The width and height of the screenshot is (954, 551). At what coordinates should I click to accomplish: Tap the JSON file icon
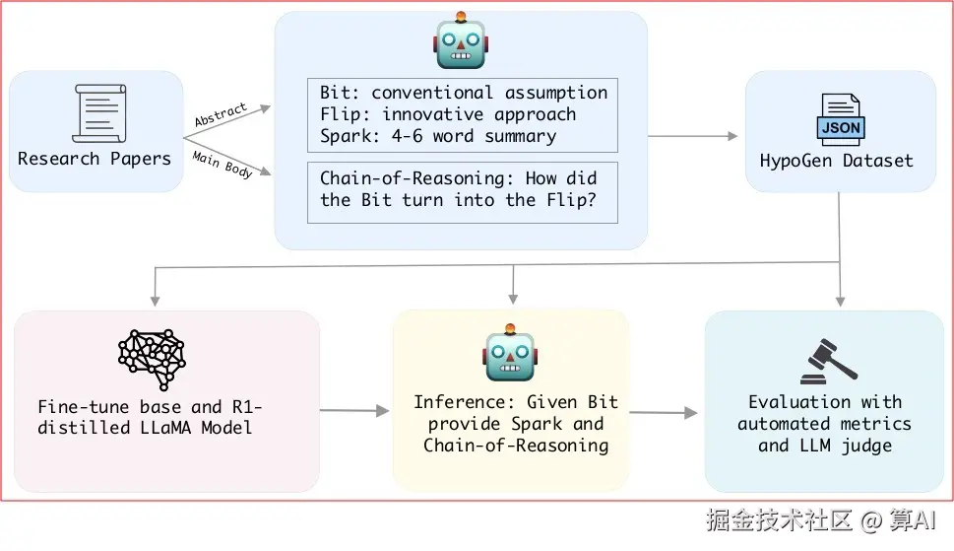pyautogui.click(x=839, y=120)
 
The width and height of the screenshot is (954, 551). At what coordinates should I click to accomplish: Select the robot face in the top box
pyautogui.click(x=461, y=41)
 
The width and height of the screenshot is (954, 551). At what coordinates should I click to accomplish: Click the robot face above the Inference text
pyautogui.click(x=510, y=355)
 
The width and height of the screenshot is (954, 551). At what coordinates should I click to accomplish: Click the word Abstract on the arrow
pyautogui.click(x=221, y=115)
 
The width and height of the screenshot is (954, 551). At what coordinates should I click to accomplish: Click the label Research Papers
pyautogui.click(x=95, y=158)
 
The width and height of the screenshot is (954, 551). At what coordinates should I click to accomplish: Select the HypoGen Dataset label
pyautogui.click(x=836, y=160)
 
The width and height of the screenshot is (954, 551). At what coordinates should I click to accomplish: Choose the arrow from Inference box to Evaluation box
pyautogui.click(x=666, y=412)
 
